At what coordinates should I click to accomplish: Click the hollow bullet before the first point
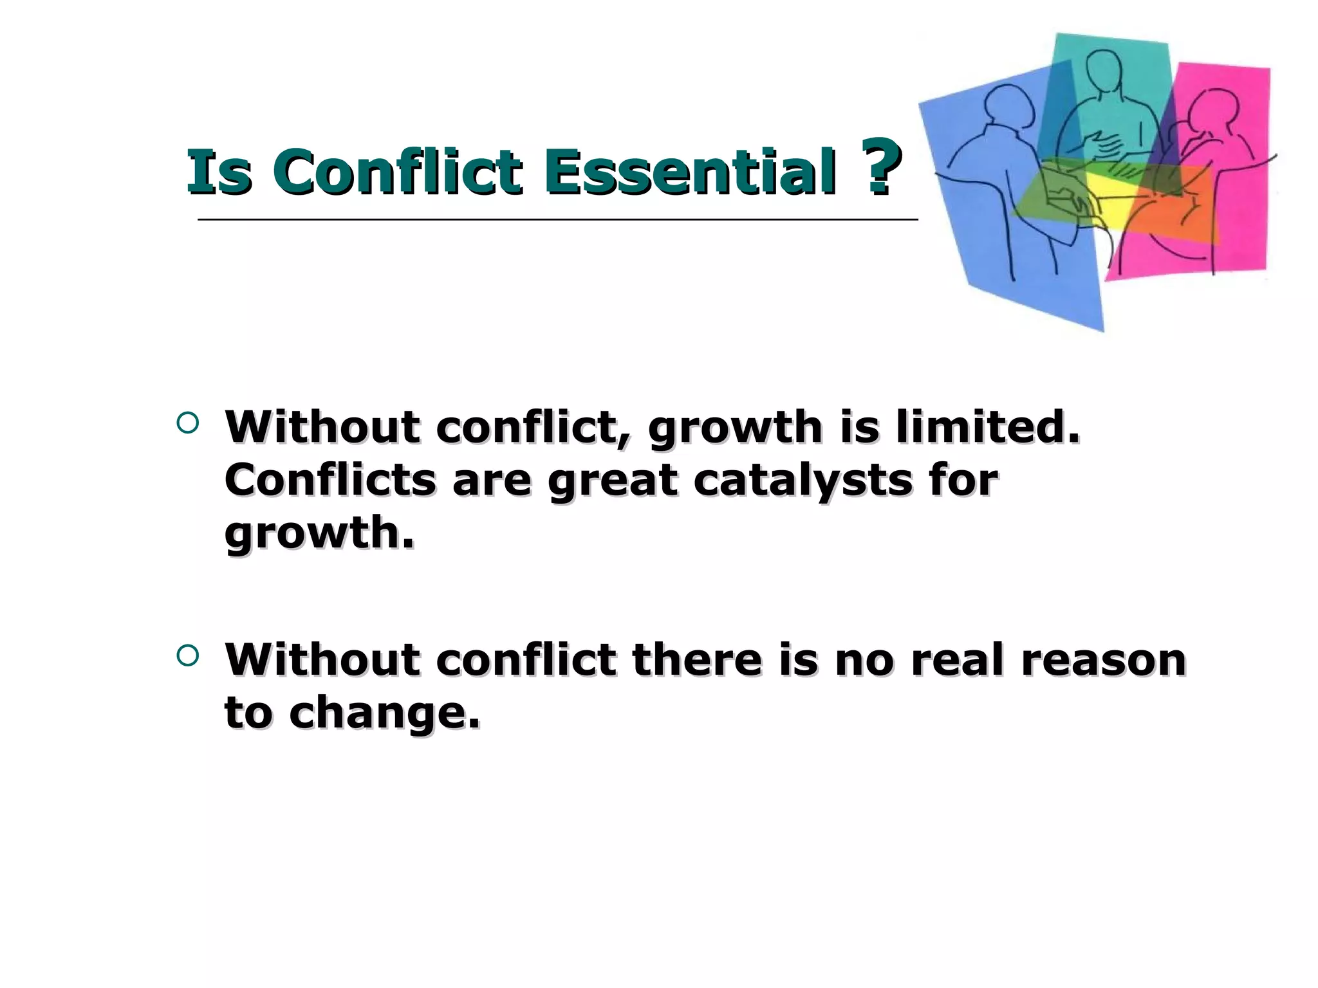click(x=187, y=423)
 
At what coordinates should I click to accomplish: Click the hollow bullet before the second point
click(x=187, y=655)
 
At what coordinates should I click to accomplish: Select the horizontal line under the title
click(x=557, y=220)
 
